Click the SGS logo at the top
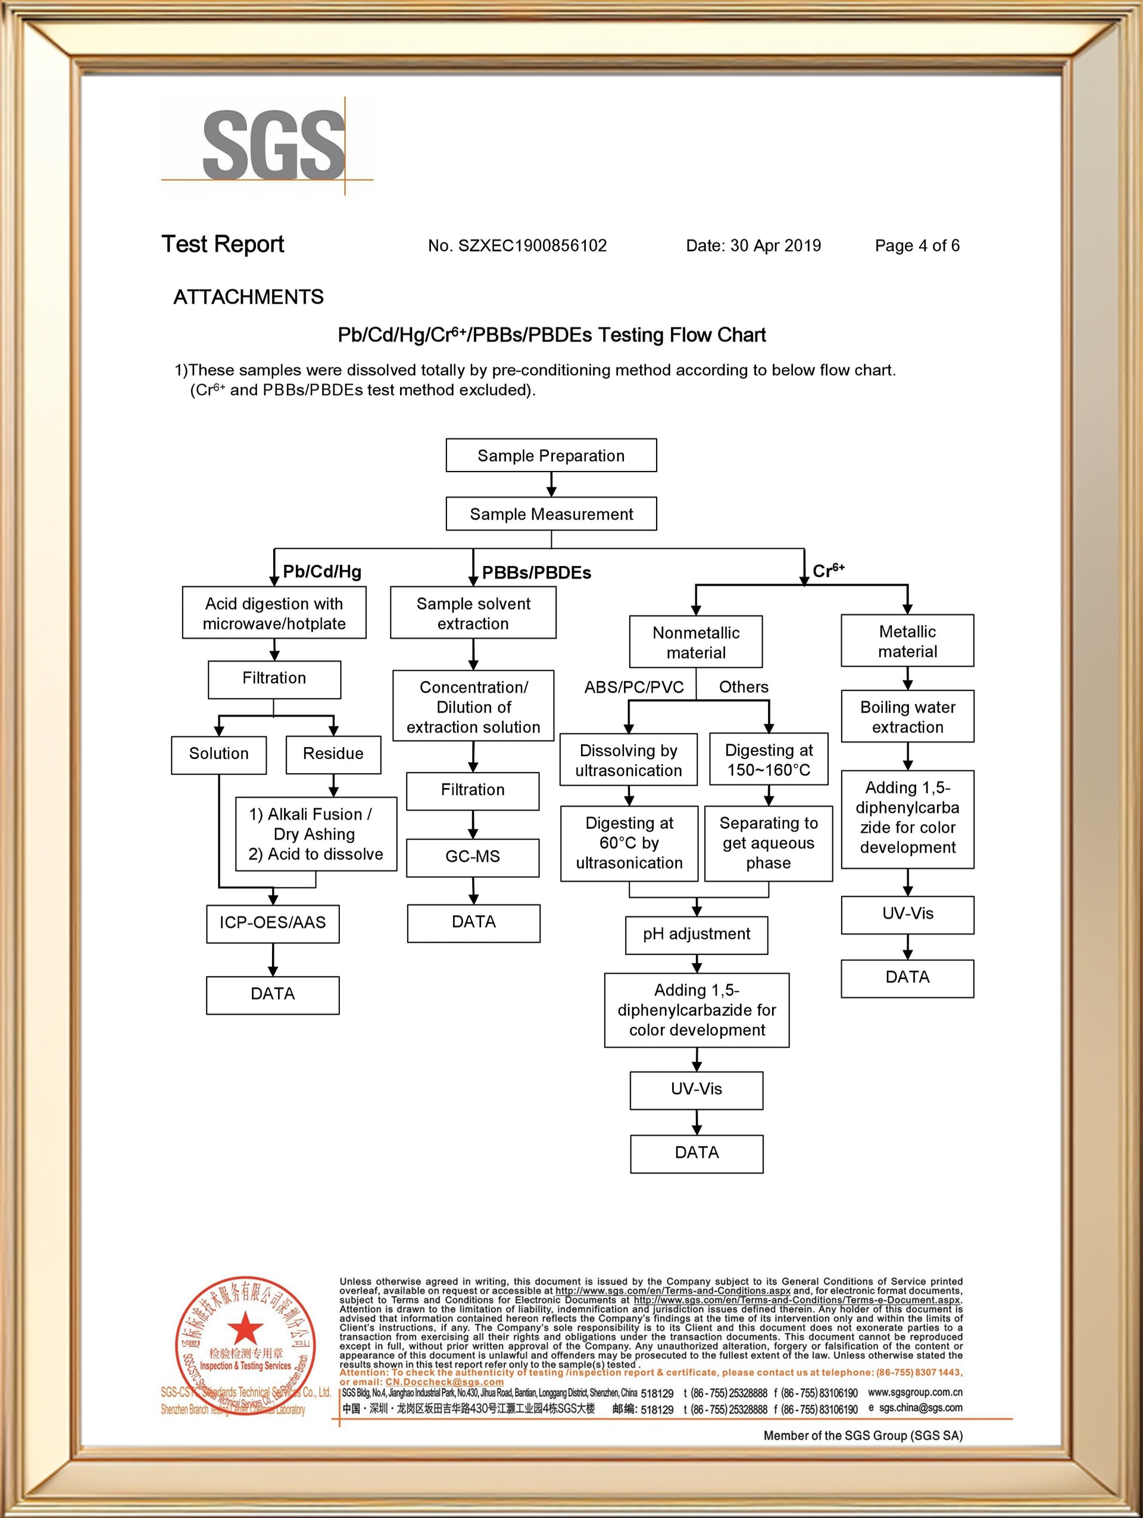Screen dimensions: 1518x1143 tap(273, 145)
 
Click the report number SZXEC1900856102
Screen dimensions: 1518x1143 tap(532, 246)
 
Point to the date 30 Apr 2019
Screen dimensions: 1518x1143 tap(775, 246)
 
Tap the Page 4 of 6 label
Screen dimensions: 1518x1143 tap(917, 246)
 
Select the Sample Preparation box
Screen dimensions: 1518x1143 tap(551, 455)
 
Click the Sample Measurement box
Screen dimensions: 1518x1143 tap(551, 514)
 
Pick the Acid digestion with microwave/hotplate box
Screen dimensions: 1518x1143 tap(274, 613)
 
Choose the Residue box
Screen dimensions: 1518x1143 tap(333, 754)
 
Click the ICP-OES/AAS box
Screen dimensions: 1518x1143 tap(273, 922)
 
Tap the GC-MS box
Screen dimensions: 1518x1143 tap(473, 857)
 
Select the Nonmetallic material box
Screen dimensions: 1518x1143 tap(696, 642)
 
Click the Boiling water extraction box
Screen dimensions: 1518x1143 tap(907, 717)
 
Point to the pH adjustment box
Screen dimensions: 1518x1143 tap(697, 934)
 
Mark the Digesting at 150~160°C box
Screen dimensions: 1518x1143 tap(769, 760)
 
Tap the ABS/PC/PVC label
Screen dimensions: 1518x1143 tap(634, 687)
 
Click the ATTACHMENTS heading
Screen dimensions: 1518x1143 tap(248, 297)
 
